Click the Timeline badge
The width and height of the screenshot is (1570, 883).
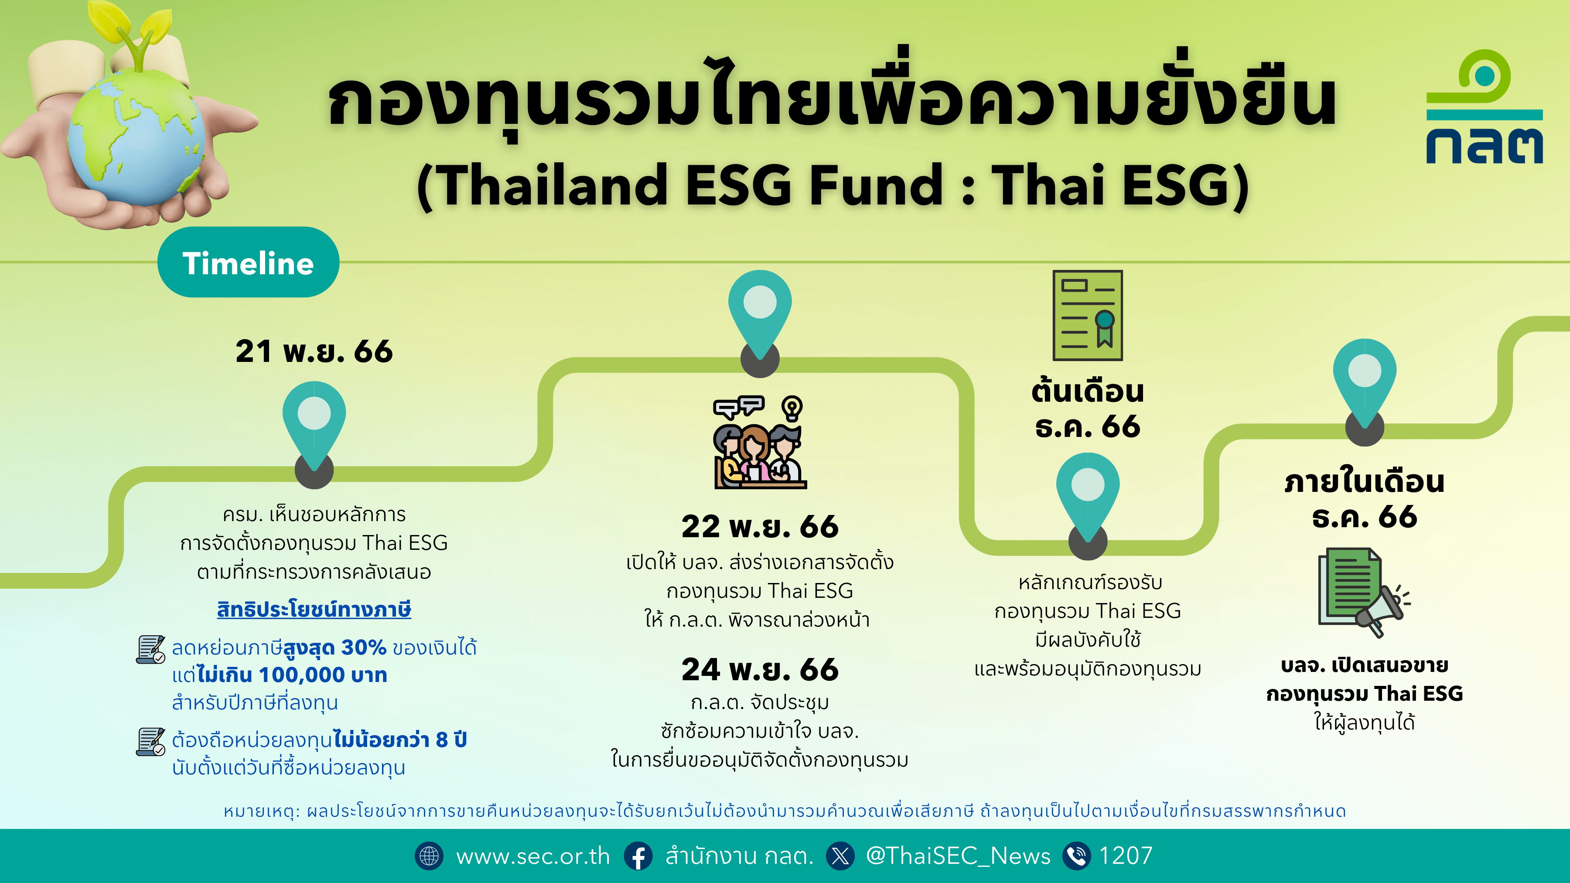[248, 263]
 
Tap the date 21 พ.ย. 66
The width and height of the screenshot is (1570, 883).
[314, 351]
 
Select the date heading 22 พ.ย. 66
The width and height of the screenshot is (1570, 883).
[760, 526]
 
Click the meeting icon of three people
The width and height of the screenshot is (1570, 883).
[759, 443]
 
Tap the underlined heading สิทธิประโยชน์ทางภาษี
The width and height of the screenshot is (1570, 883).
[314, 610]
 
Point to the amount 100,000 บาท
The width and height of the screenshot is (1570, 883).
[323, 675]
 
